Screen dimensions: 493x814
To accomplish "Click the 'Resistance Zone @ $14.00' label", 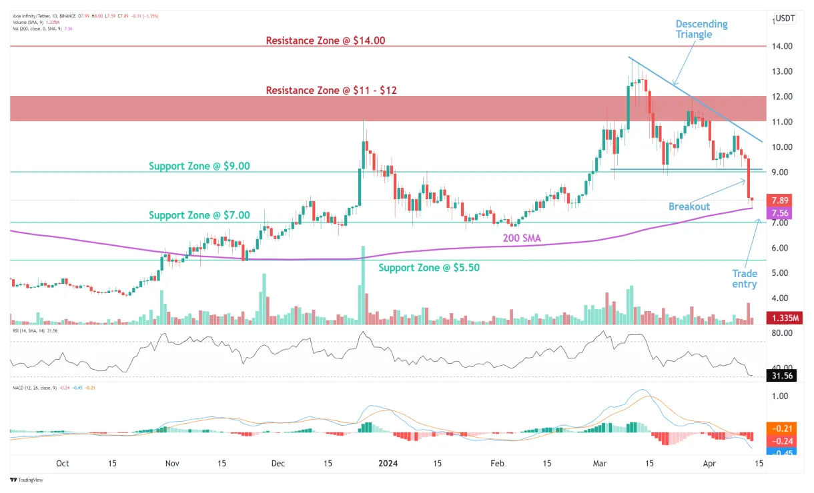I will [x=326, y=41].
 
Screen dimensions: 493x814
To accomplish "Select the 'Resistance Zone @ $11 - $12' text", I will [x=332, y=90].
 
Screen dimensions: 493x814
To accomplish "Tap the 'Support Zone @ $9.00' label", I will [x=199, y=166].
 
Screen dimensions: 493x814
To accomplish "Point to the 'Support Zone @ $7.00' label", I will [x=199, y=215].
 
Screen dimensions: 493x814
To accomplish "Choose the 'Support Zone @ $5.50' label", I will [x=429, y=268].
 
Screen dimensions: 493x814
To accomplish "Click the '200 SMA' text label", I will [x=521, y=237].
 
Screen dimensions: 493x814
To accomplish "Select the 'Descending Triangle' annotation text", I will [x=701, y=29].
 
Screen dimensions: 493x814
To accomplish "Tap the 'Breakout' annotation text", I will [x=689, y=207].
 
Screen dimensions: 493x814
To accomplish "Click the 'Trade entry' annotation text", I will [x=745, y=279].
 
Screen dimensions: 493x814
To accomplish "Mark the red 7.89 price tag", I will [x=781, y=201].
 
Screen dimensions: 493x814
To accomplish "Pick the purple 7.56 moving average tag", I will [x=781, y=213].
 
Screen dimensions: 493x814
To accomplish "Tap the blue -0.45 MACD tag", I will [x=781, y=452].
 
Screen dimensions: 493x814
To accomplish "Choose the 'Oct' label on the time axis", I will [x=63, y=464].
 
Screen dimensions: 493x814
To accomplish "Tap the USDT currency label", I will [x=784, y=19].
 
